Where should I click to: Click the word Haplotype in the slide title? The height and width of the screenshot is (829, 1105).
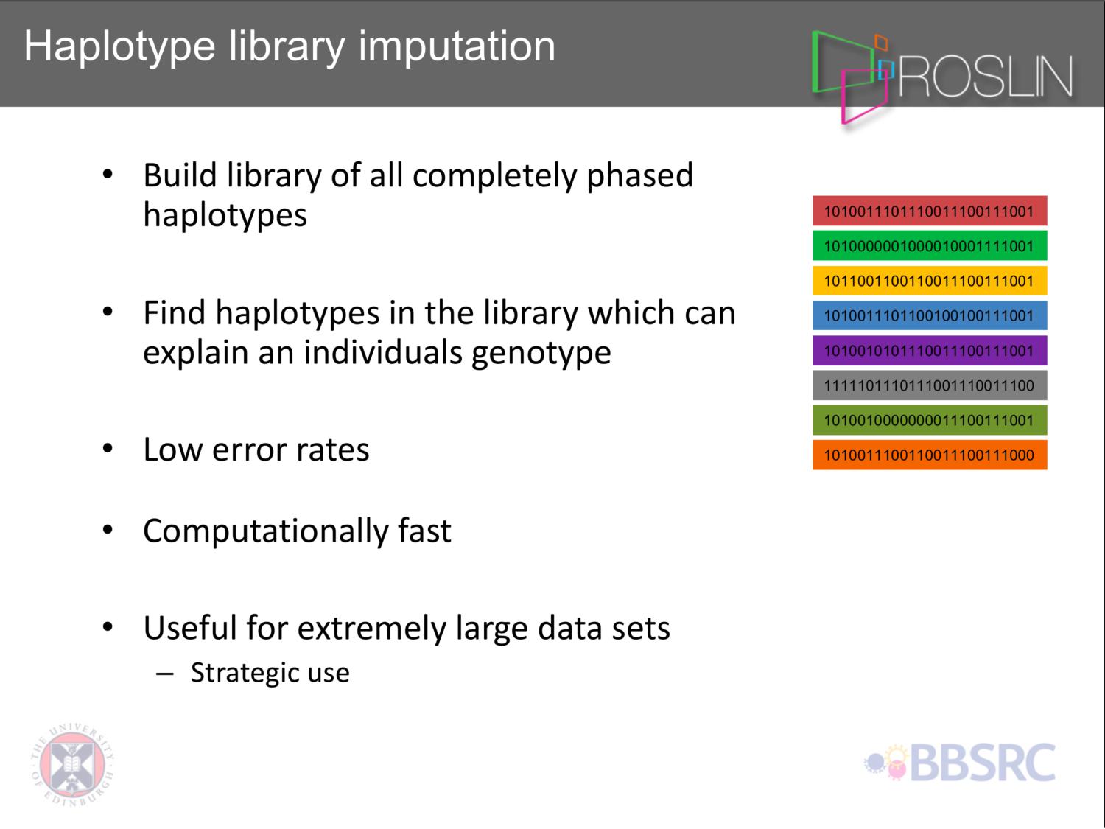[120, 48]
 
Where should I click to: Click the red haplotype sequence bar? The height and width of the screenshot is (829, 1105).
[930, 211]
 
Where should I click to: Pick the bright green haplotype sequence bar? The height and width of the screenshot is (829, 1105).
[930, 245]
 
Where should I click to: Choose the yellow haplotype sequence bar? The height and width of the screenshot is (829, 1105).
[930, 280]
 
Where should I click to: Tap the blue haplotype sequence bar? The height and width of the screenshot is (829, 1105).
[930, 315]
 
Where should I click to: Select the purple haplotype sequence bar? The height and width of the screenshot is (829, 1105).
[930, 350]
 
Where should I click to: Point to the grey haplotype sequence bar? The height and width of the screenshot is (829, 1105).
[930, 385]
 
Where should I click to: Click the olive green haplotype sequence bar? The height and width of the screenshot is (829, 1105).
[930, 420]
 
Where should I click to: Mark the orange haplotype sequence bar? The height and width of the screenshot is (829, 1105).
[930, 455]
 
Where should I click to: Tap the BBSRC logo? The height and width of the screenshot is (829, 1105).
[960, 762]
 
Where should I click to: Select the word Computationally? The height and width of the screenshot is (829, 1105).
[266, 531]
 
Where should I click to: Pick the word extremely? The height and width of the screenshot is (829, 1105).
[371, 628]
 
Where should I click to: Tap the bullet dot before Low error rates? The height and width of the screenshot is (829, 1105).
[108, 448]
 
